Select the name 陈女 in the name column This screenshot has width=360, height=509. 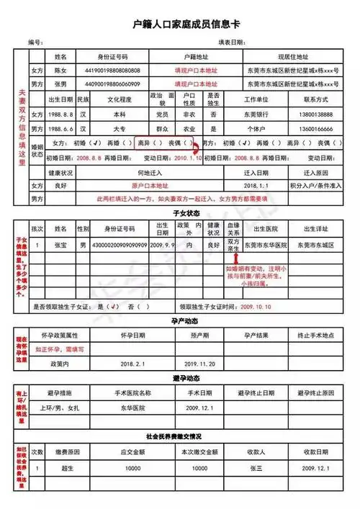click(60, 70)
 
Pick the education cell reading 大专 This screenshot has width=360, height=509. click(120, 128)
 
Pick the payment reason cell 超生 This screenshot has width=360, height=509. click(69, 468)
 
